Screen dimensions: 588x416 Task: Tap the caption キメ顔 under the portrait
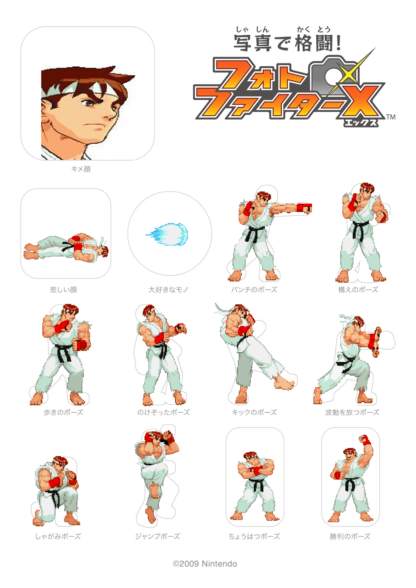click(x=81, y=169)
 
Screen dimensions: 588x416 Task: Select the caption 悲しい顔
click(x=64, y=290)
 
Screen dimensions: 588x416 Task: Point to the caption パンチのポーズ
click(x=254, y=290)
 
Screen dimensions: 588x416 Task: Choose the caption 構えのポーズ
click(x=358, y=290)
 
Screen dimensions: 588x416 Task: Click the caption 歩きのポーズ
click(x=64, y=412)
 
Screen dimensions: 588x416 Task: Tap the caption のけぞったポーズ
click(x=164, y=412)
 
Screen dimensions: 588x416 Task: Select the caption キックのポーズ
click(x=254, y=412)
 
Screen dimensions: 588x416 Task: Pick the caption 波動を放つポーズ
click(x=352, y=412)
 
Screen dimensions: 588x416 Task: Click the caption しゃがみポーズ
click(x=58, y=536)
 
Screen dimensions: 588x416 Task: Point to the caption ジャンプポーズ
click(x=157, y=536)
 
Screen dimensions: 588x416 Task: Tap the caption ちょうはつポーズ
click(x=254, y=536)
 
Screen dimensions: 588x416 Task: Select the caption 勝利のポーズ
click(x=350, y=536)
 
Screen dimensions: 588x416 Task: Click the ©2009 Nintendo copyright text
click(x=205, y=564)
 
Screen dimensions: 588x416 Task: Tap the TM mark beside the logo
click(x=391, y=117)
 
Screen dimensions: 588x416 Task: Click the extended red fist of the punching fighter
click(x=304, y=208)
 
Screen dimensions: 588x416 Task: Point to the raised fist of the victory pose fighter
click(x=365, y=440)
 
